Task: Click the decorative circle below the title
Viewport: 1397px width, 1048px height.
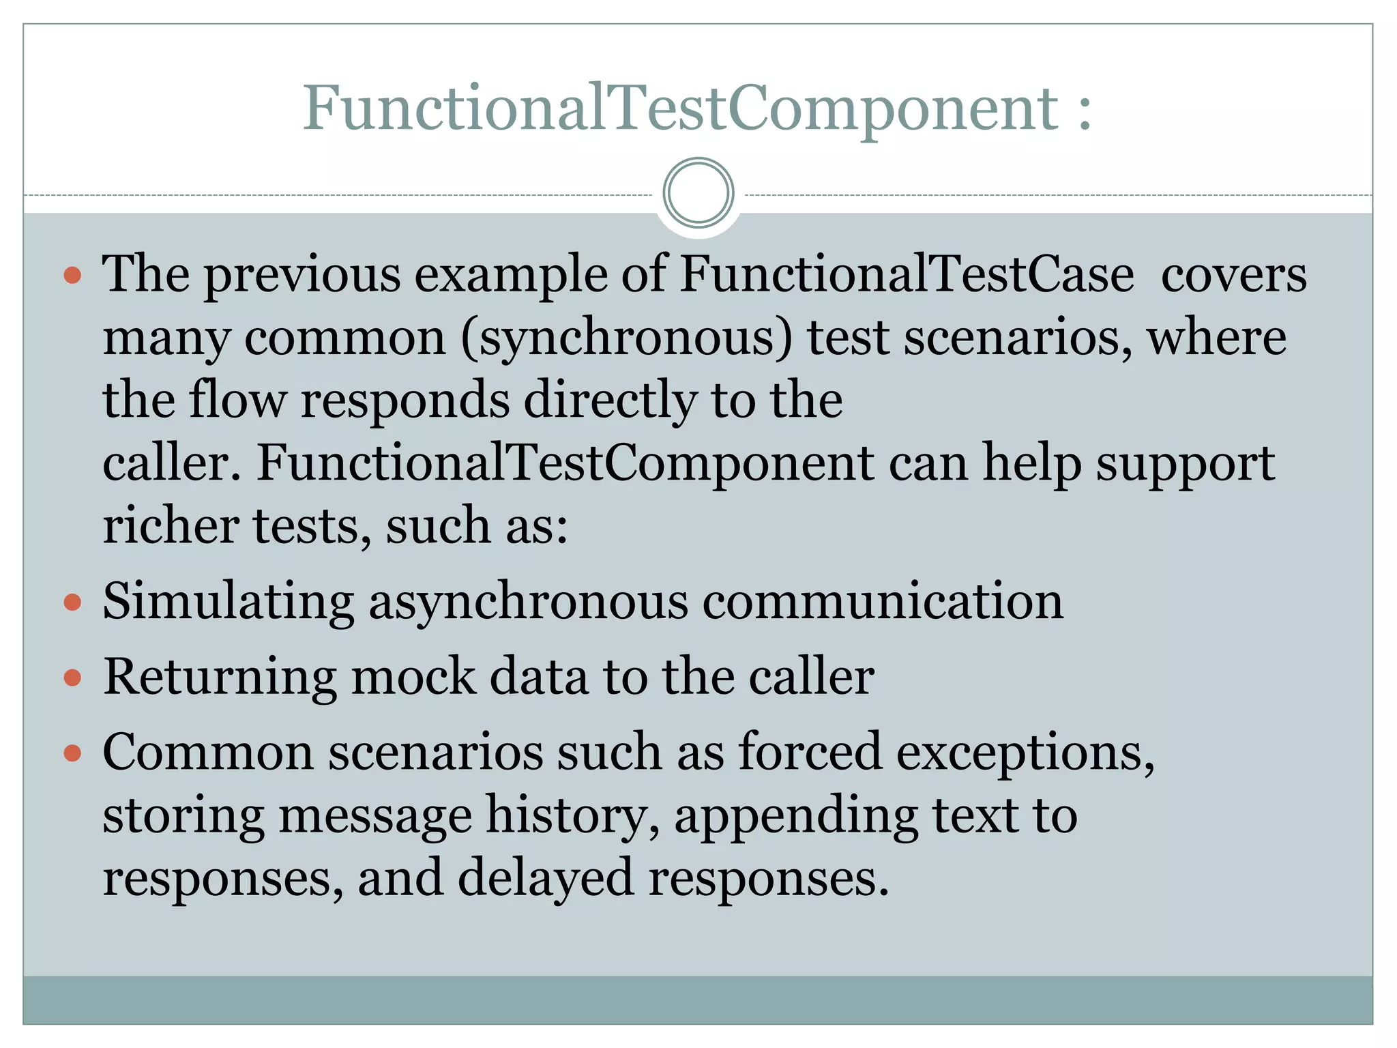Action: click(698, 193)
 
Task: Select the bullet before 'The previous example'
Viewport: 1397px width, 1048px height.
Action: click(72, 276)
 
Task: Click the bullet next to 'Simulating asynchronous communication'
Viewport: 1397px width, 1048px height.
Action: click(72, 603)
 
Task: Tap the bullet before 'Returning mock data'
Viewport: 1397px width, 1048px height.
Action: click(72, 678)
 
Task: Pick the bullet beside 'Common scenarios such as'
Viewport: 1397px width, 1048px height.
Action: click(72, 754)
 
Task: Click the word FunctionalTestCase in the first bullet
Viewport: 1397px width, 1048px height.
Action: click(907, 274)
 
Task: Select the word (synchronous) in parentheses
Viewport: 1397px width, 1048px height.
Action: click(627, 338)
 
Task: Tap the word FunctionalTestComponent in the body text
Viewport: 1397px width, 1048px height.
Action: click(565, 464)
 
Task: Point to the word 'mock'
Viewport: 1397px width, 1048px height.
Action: click(413, 678)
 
